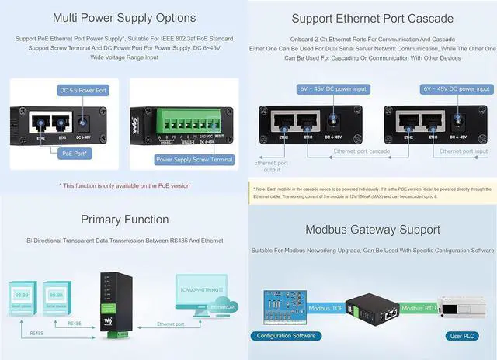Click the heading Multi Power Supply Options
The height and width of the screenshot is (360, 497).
click(x=124, y=17)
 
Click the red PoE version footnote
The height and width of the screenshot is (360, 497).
click(x=124, y=185)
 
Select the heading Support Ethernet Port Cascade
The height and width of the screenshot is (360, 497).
click(x=373, y=19)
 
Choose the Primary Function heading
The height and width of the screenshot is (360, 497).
click(x=124, y=220)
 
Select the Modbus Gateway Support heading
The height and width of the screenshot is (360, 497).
click(x=373, y=230)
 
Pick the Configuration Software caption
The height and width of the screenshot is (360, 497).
click(x=287, y=336)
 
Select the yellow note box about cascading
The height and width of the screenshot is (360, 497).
click(x=373, y=192)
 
